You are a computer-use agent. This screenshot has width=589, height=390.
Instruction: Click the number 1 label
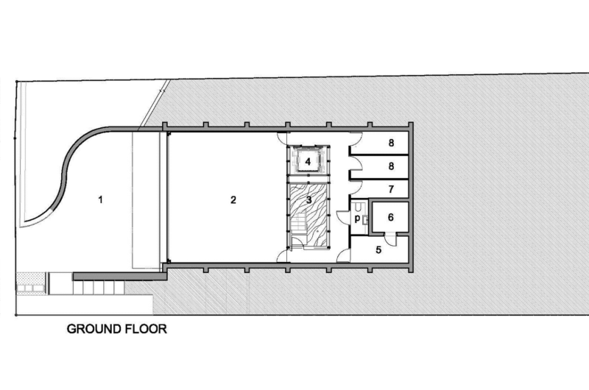tap(100, 199)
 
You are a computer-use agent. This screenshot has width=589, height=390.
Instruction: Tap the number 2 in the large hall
tap(233, 199)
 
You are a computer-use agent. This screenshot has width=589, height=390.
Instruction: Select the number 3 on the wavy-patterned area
tap(308, 199)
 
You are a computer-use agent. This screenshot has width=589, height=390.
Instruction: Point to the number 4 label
tap(308, 162)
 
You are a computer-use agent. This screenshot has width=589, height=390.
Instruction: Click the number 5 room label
tap(378, 249)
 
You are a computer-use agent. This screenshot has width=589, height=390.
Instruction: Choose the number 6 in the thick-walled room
tap(391, 217)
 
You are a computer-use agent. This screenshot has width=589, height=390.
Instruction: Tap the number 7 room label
tap(391, 189)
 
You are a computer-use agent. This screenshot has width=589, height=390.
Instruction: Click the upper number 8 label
tap(391, 143)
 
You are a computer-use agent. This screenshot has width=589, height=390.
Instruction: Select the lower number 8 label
tap(391, 166)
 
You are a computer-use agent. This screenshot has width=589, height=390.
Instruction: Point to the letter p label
tap(357, 219)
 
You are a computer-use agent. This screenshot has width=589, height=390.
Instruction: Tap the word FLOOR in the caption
tap(146, 329)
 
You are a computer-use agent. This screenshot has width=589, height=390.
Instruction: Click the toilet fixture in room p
tap(359, 206)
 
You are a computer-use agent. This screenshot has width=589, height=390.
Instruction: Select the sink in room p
tap(364, 220)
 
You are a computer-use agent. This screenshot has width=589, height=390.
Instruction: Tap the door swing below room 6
tap(390, 239)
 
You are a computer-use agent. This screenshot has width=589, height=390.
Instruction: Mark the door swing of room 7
tap(355, 187)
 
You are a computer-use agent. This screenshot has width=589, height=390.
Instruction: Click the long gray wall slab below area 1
tap(120, 276)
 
